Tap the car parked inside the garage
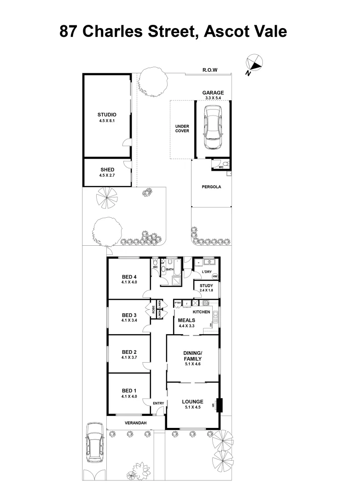(x=213, y=127)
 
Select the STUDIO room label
(x=107, y=115)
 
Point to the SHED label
(x=107, y=170)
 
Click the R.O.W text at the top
(x=209, y=70)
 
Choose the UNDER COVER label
(x=182, y=128)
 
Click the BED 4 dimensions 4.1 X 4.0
(x=129, y=282)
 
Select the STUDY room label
(x=206, y=285)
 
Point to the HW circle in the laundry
(x=215, y=277)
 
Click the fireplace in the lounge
(x=218, y=405)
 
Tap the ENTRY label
(x=158, y=404)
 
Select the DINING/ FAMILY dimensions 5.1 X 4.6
(x=192, y=364)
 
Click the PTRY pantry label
(x=177, y=303)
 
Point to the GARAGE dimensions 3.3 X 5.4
(x=213, y=98)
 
